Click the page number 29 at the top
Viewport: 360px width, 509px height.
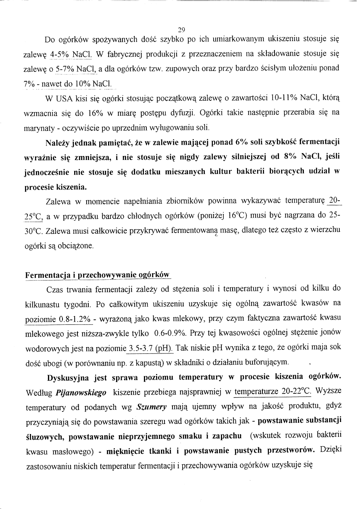[x=181, y=29]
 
